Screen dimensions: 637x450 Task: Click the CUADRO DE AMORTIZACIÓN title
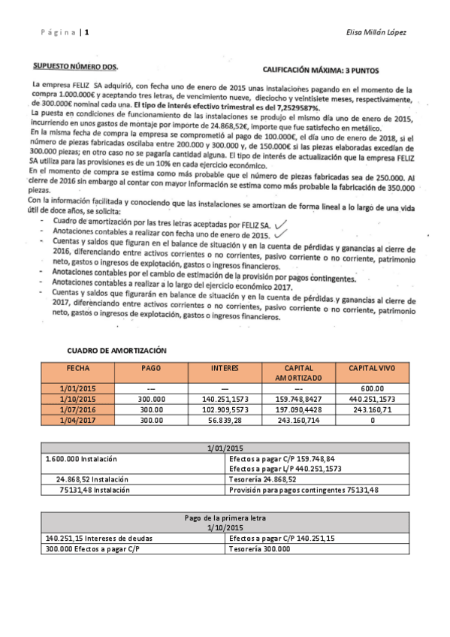(116, 351)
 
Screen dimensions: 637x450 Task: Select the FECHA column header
(77, 368)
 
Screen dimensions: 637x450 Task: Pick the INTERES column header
(225, 368)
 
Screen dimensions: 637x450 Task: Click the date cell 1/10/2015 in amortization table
(77, 399)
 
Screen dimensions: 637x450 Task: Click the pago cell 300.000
(151, 399)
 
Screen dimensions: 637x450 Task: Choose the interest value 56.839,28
(225, 421)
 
